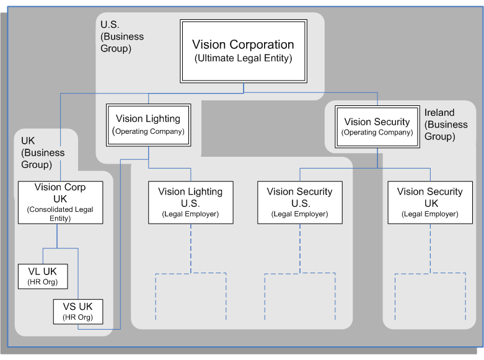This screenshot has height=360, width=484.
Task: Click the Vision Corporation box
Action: point(243,51)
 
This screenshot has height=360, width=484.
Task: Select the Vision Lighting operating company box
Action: point(148,124)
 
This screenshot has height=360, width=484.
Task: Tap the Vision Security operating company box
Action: point(377,127)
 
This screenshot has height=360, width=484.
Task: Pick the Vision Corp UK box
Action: point(60,202)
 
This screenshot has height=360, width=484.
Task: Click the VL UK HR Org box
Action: point(42,275)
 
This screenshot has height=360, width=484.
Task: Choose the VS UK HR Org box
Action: point(78,311)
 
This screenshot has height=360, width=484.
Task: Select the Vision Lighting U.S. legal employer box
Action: point(190,202)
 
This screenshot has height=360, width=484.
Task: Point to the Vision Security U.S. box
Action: point(299,202)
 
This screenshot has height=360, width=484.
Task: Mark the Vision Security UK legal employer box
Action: point(429,202)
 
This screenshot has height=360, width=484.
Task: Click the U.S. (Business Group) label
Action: point(121,36)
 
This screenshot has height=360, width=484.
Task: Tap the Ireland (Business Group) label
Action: point(446,125)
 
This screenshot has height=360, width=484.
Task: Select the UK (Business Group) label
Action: point(42,152)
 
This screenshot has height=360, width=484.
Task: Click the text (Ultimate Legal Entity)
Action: point(243,58)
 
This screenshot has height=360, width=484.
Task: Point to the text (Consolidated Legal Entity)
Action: point(60,214)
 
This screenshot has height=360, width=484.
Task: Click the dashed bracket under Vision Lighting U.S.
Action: point(190,273)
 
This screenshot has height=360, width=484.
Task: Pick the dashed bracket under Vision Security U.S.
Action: point(299,273)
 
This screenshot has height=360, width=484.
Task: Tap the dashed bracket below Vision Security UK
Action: point(429,273)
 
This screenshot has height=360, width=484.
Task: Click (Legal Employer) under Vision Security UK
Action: point(429,214)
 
